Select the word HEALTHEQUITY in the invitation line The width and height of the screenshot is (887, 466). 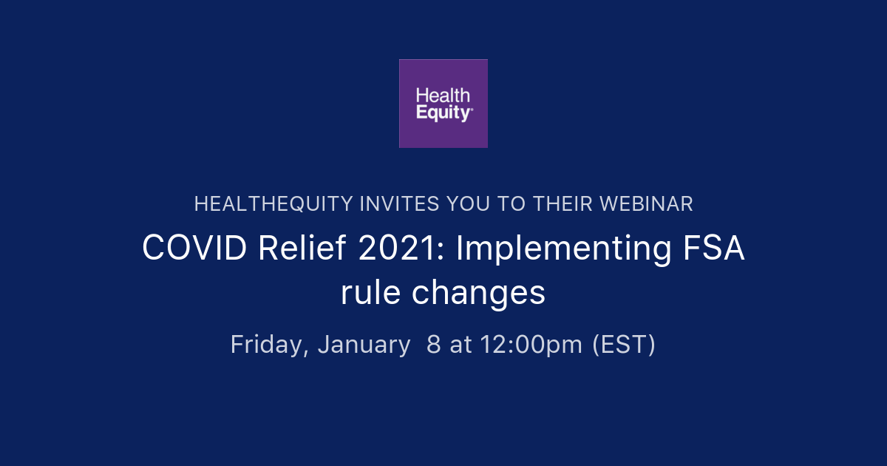(273, 204)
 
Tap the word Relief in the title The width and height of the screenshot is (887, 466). (302, 249)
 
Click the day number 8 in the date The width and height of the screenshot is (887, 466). (434, 345)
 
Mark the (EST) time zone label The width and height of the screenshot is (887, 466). (624, 345)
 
